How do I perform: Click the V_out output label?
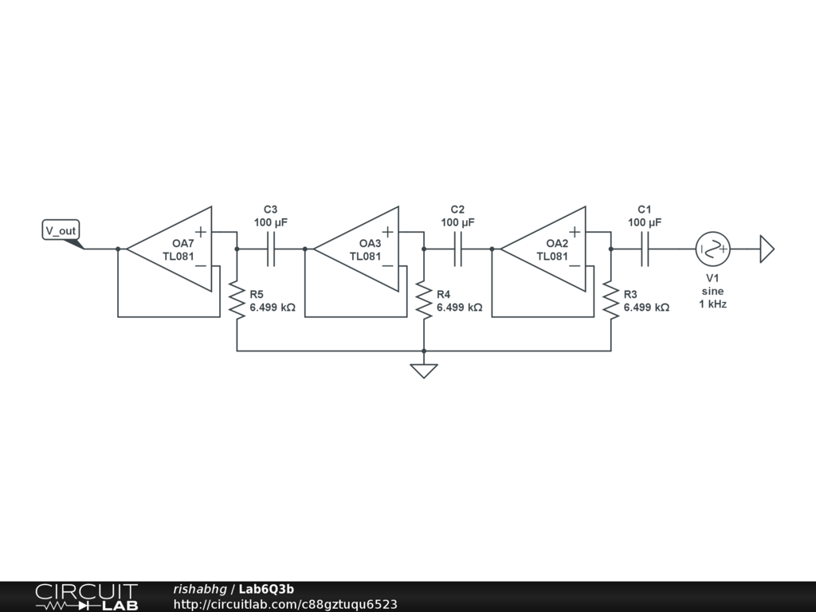pyautogui.click(x=61, y=231)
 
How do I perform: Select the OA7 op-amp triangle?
pyautogui.click(x=175, y=249)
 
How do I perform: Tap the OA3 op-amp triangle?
pyautogui.click(x=362, y=249)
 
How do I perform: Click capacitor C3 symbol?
pyautogui.click(x=271, y=249)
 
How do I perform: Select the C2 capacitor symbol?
pyautogui.click(x=457, y=249)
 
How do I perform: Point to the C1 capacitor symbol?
pyautogui.click(x=645, y=249)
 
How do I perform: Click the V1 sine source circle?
pyautogui.click(x=712, y=249)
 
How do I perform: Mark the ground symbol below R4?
pyautogui.click(x=423, y=371)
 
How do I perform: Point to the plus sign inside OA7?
pyautogui.click(x=201, y=232)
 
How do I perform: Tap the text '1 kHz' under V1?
pyautogui.click(x=712, y=304)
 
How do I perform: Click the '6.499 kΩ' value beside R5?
pyautogui.click(x=273, y=307)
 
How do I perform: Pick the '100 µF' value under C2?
pyautogui.click(x=457, y=222)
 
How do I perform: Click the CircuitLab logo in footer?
pyautogui.click(x=86, y=596)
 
